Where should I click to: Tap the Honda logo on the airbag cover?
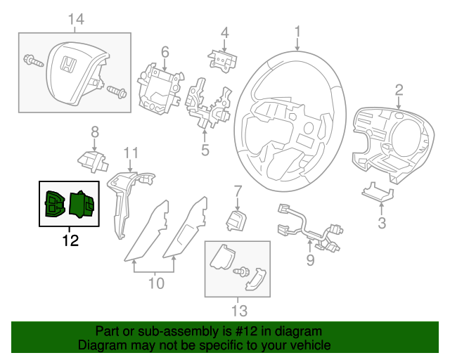tap(67, 65)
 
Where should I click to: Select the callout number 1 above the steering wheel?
tap(297, 31)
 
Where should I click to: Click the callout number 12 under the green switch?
tap(70, 240)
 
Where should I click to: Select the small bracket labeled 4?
tap(221, 60)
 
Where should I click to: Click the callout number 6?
tap(165, 51)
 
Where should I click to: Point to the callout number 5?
tap(205, 149)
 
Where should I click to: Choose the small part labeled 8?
tap(91, 160)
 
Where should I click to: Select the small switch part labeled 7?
tap(234, 219)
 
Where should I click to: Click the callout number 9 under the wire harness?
tap(310, 263)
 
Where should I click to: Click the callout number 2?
tap(399, 89)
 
